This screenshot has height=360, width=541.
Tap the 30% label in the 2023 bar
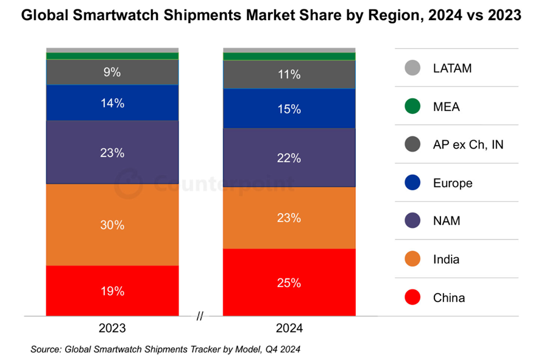pyautogui.click(x=112, y=225)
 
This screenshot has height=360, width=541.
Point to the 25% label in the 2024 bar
pyautogui.click(x=289, y=283)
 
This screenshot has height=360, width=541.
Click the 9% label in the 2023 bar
pyautogui.click(x=112, y=72)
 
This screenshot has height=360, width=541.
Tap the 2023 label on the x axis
pyautogui.click(x=112, y=328)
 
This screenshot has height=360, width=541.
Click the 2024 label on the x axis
pyautogui.click(x=289, y=328)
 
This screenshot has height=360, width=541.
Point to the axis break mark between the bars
pyautogui.click(x=200, y=316)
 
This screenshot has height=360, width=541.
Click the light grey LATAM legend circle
pyautogui.click(x=413, y=68)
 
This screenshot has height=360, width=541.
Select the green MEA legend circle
pyautogui.click(x=413, y=107)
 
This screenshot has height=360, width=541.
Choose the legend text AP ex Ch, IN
pyautogui.click(x=468, y=145)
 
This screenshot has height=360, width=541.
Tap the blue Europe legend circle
pyautogui.click(x=413, y=183)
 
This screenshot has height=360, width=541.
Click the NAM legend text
pyautogui.click(x=447, y=221)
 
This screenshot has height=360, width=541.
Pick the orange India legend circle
pyautogui.click(x=413, y=259)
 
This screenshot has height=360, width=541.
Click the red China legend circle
pyautogui.click(x=413, y=298)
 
